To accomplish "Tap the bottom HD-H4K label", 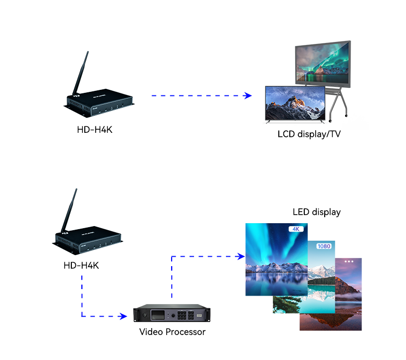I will point(81,265).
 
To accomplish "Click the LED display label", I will point(316,212).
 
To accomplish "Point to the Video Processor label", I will point(172,332).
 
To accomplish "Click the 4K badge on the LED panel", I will point(295,229).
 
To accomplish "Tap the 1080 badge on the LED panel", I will point(324,246).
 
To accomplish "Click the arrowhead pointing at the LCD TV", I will point(248,95).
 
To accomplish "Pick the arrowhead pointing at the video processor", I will point(124,316).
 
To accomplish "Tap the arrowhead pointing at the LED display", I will point(241,257).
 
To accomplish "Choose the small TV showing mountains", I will point(295,103).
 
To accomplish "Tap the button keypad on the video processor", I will point(188,316).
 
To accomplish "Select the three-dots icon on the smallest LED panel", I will point(349,261).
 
